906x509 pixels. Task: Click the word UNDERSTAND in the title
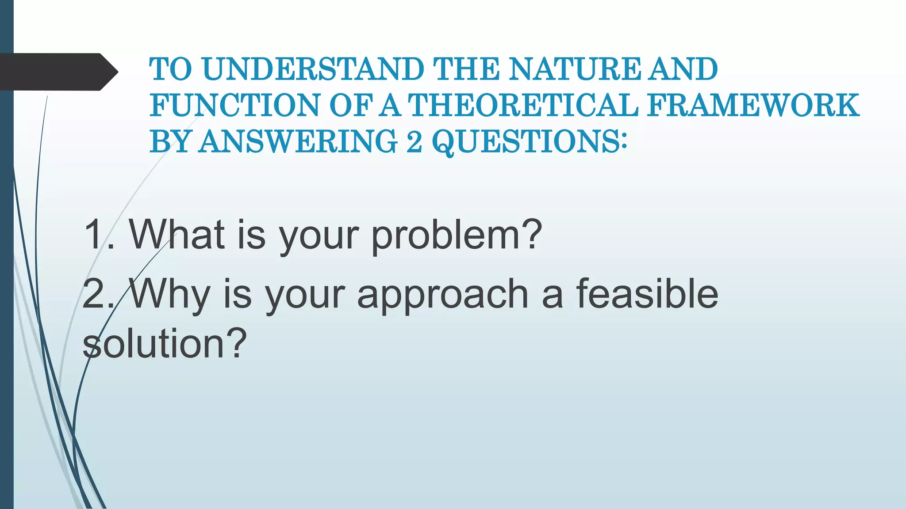pyautogui.click(x=313, y=69)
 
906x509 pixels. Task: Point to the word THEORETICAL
pyautogui.click(x=522, y=106)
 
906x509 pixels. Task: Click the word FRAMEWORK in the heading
pyautogui.click(x=753, y=106)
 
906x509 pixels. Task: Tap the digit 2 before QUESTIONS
pyautogui.click(x=414, y=142)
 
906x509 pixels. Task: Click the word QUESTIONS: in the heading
pyautogui.click(x=529, y=142)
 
